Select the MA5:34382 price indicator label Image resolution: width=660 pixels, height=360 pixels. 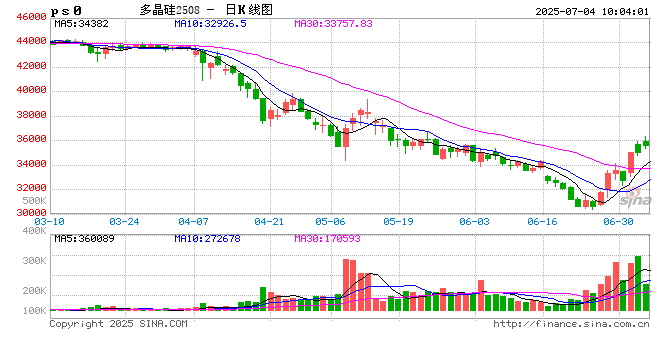(81, 22)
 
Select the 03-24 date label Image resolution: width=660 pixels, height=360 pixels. (124, 221)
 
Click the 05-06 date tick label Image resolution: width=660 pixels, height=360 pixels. (330, 221)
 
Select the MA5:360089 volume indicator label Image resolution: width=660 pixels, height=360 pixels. (84, 239)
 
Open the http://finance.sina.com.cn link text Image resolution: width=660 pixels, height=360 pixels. (572, 324)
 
